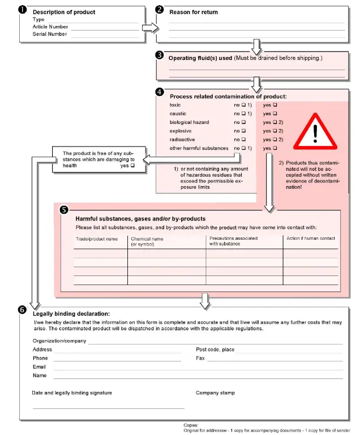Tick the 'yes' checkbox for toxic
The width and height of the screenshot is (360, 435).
coord(275,105)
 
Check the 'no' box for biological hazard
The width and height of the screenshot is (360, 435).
coord(244,122)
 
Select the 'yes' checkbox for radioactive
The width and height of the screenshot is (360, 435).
coord(275,140)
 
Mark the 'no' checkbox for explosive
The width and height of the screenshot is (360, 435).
coord(244,131)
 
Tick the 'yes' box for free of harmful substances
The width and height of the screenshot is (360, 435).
coord(132,166)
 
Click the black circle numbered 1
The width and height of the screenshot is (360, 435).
coord(23,10)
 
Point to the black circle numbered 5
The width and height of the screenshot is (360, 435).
coord(64,209)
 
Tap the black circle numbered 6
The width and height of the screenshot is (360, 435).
coord(22,310)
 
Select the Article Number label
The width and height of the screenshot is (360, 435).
coord(50,27)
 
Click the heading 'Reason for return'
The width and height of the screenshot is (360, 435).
coord(194,12)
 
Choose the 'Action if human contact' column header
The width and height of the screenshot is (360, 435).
coord(311,239)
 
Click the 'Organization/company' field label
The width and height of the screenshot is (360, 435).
coord(59,341)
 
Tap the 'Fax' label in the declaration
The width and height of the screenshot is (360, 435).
coord(200,358)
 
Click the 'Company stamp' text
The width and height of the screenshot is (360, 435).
coord(215,393)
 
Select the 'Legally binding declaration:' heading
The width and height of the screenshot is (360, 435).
coord(71,314)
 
